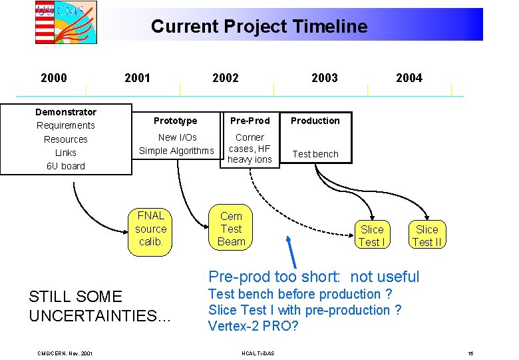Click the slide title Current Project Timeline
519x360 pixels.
click(259, 27)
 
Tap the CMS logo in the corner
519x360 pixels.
click(66, 22)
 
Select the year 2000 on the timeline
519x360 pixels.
click(54, 78)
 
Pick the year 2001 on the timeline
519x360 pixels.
click(137, 78)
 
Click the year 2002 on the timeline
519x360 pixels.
click(225, 78)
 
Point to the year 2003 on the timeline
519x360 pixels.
click(324, 78)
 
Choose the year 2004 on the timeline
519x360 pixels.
click(409, 78)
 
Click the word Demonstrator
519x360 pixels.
click(66, 112)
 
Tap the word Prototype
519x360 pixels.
click(176, 121)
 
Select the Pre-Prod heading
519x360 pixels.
click(250, 121)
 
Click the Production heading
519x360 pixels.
click(315, 121)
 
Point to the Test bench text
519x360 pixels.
click(315, 154)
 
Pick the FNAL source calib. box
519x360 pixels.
click(151, 229)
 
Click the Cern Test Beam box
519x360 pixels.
click(232, 229)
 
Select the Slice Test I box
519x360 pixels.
click(372, 235)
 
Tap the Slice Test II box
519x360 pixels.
click(427, 235)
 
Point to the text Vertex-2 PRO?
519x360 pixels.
click(254, 326)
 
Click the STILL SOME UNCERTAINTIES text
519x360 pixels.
click(100, 306)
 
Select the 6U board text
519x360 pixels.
click(66, 166)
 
